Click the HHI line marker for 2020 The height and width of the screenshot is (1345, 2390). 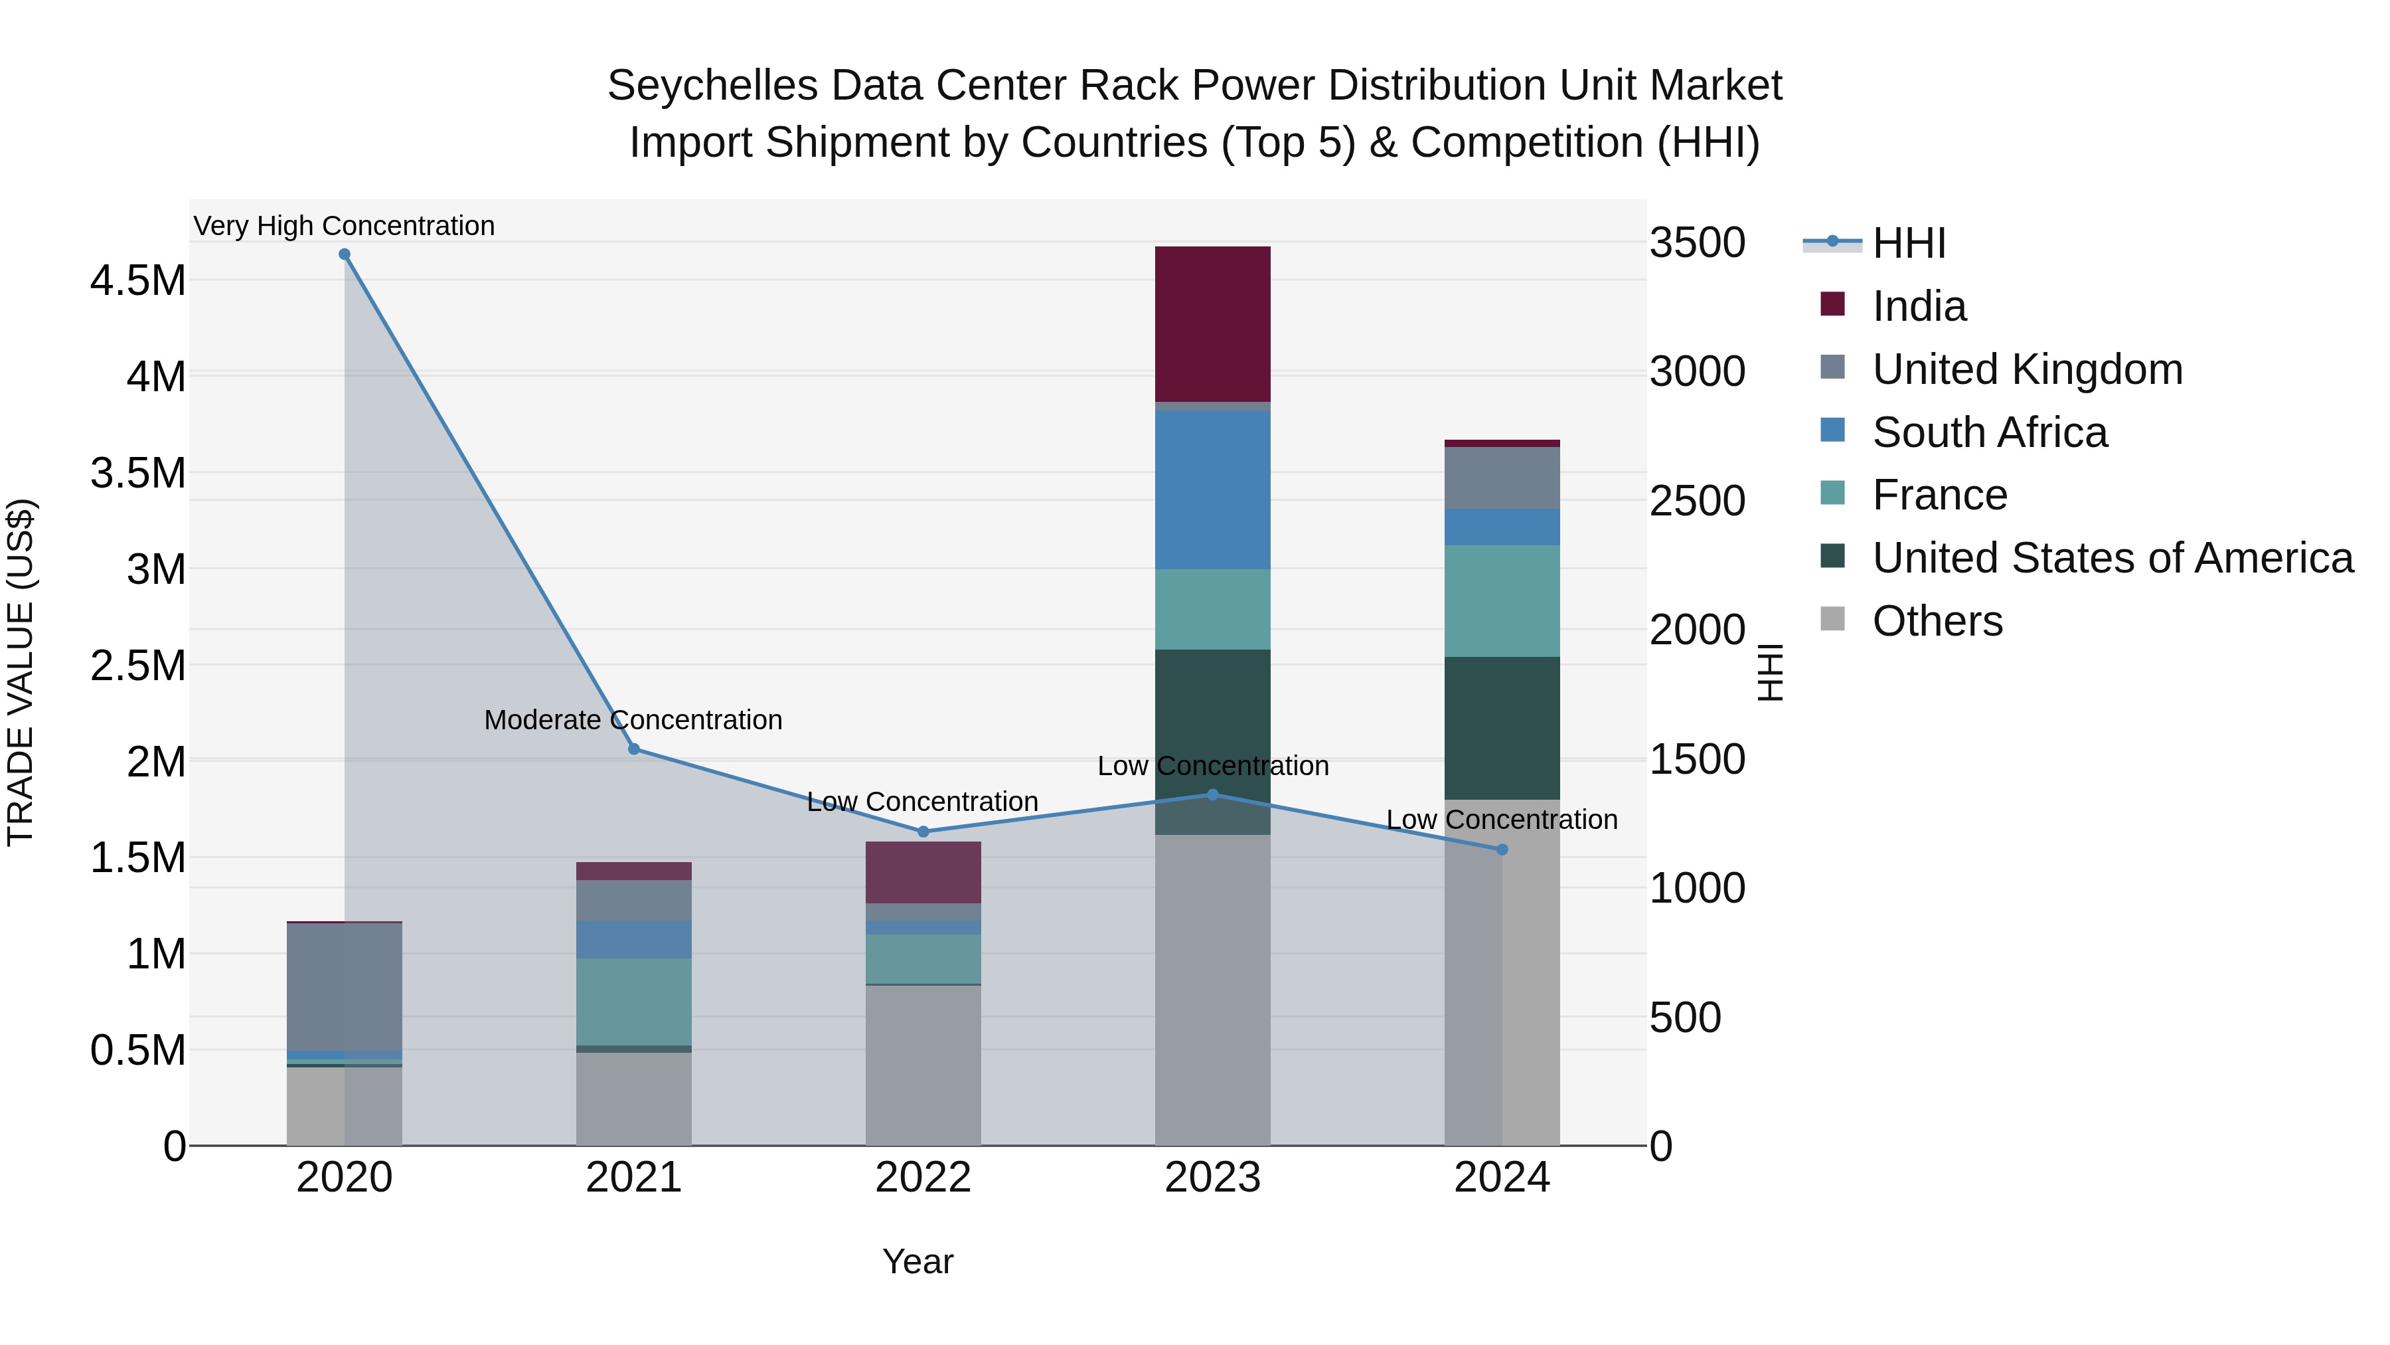pyautogui.click(x=344, y=254)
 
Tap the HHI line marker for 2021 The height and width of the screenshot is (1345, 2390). pyautogui.click(x=634, y=749)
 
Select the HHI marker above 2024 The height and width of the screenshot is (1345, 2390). pyautogui.click(x=1502, y=850)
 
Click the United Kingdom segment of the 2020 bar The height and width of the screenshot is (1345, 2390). pyautogui.click(x=344, y=986)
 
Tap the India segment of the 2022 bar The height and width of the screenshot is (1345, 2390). pyautogui.click(x=923, y=873)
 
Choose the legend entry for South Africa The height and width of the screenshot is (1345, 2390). pyautogui.click(x=1988, y=432)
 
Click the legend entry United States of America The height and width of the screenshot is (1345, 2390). pyautogui.click(x=2112, y=558)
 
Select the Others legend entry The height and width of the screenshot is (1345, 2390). pyautogui.click(x=1937, y=621)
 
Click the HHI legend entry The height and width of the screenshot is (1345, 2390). pyautogui.click(x=1907, y=243)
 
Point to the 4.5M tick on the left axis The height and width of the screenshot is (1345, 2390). pyautogui.click(x=137, y=280)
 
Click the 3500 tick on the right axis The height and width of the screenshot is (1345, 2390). pyautogui.click(x=1697, y=243)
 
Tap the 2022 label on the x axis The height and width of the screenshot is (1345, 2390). pyautogui.click(x=923, y=1178)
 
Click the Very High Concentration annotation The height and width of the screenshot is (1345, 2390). pyautogui.click(x=344, y=226)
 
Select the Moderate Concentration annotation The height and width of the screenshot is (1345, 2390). pyautogui.click(x=634, y=720)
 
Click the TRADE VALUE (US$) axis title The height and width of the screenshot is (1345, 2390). pyautogui.click(x=21, y=672)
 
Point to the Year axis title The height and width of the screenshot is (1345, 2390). pyautogui.click(x=917, y=1261)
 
